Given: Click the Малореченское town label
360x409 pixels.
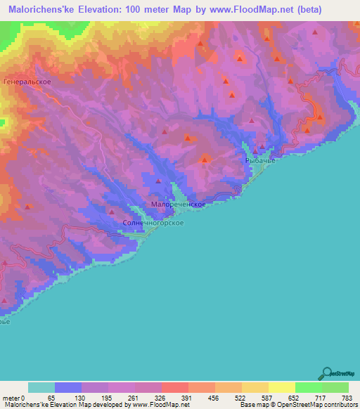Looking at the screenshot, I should pyautogui.click(x=178, y=204).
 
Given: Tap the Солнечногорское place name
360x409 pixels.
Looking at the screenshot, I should pyautogui.click(x=153, y=223).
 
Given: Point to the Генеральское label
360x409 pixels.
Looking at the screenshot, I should pyautogui.click(x=26, y=82).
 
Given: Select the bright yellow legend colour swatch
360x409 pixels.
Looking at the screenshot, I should pyautogui.click(x=281, y=387).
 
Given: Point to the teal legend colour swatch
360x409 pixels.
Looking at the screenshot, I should pyautogui.click(x=41, y=387).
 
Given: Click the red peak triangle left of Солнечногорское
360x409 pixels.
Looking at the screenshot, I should pyautogui.click(x=111, y=212).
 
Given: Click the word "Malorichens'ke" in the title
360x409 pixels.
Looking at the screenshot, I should pyautogui.click(x=42, y=9).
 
